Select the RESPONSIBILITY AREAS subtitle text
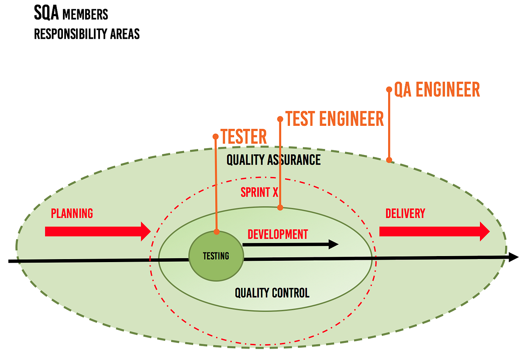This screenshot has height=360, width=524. pyautogui.click(x=87, y=34)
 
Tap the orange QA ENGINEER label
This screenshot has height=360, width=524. pyautogui.click(x=437, y=90)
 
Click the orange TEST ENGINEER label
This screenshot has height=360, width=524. pyautogui.click(x=334, y=119)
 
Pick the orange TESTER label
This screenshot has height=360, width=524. pyautogui.click(x=244, y=137)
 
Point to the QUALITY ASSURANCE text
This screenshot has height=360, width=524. pyautogui.click(x=273, y=160)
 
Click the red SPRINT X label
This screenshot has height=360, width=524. pyautogui.click(x=259, y=192)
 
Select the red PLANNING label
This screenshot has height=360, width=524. pyautogui.click(x=72, y=214)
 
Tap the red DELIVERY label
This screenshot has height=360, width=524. pyautogui.click(x=405, y=214)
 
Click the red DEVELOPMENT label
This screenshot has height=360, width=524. pyautogui.click(x=278, y=234)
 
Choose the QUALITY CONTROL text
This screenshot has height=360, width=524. pyautogui.click(x=272, y=293)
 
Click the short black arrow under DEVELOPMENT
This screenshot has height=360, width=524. pyautogui.click(x=290, y=245)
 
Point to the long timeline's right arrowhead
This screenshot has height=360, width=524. pyautogui.click(x=513, y=257)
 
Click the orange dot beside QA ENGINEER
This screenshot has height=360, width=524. pyautogui.click(x=389, y=89)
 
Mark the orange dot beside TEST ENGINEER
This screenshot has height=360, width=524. pyautogui.click(x=280, y=119)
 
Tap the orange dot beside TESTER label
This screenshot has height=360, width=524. pyautogui.click(x=215, y=136)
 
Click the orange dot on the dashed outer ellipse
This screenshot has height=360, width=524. pyautogui.click(x=389, y=160)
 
